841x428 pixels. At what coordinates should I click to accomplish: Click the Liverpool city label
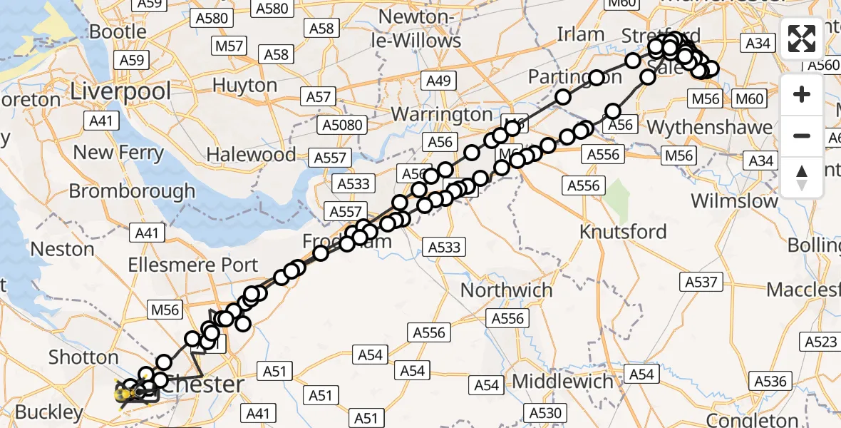click(x=121, y=91)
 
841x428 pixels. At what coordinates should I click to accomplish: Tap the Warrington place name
click(x=442, y=114)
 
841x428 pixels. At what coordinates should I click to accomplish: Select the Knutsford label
click(x=623, y=232)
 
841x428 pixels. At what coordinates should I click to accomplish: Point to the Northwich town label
click(x=506, y=290)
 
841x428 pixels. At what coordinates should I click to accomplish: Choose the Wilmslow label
click(x=734, y=200)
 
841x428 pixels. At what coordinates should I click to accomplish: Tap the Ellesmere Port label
click(x=193, y=265)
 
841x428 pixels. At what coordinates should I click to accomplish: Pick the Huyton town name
click(x=244, y=86)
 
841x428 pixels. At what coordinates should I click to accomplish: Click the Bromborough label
click(x=132, y=191)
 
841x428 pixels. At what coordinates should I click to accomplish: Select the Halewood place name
click(x=251, y=154)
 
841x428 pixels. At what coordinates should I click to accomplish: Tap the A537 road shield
click(x=700, y=282)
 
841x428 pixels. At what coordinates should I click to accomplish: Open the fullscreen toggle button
click(x=802, y=39)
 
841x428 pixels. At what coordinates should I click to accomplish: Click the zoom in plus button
click(x=802, y=94)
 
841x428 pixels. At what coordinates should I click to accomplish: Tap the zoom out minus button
click(x=802, y=136)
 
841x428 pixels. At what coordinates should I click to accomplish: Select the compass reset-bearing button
click(x=802, y=177)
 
